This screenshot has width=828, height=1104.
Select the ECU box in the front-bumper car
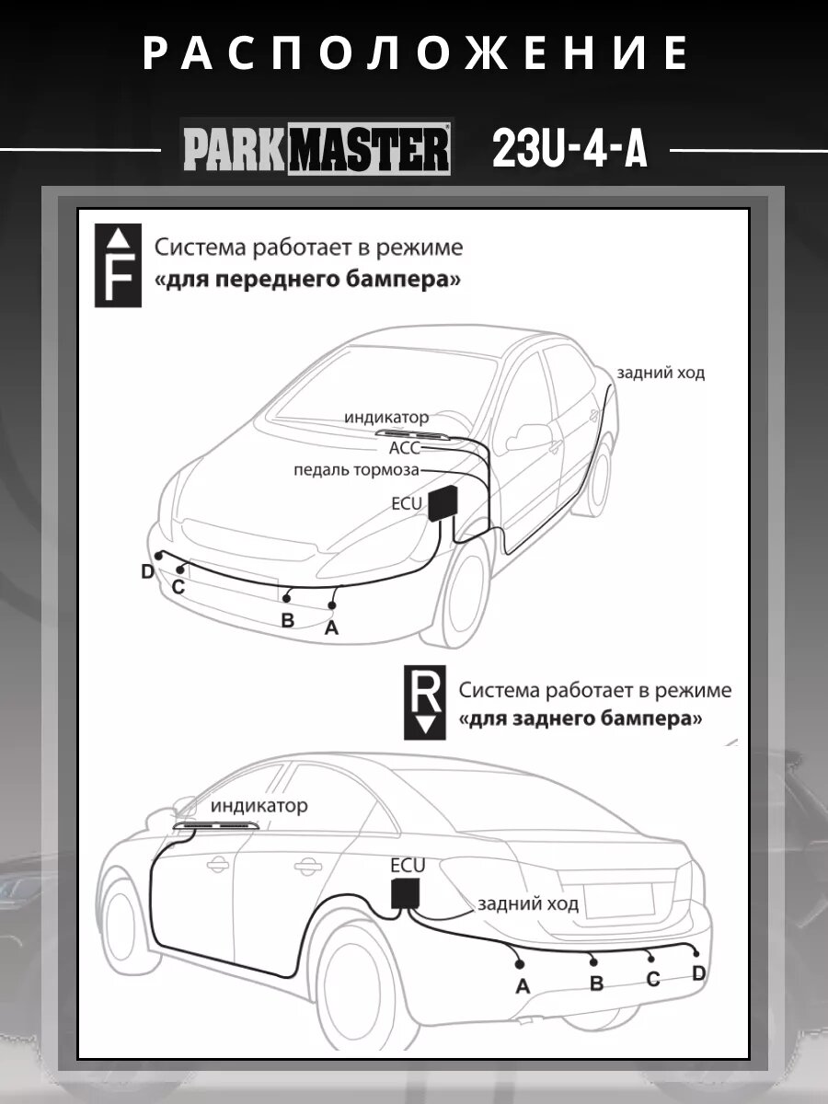click(x=446, y=502)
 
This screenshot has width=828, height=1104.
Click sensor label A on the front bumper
click(x=332, y=627)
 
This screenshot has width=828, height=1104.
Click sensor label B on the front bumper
click(x=287, y=620)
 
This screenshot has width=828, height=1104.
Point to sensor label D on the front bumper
click(x=147, y=572)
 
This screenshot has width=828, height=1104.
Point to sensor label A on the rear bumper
click(x=523, y=987)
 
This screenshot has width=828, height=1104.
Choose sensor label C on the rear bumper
click(x=653, y=979)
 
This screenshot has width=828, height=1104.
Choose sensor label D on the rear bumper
click(x=698, y=973)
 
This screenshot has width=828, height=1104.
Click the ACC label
click(x=404, y=448)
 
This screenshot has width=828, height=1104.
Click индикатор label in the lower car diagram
click(x=259, y=806)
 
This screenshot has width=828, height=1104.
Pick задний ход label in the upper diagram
click(x=661, y=373)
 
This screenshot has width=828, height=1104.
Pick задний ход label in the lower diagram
click(x=528, y=903)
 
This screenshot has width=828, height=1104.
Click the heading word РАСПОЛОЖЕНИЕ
click(x=414, y=53)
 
